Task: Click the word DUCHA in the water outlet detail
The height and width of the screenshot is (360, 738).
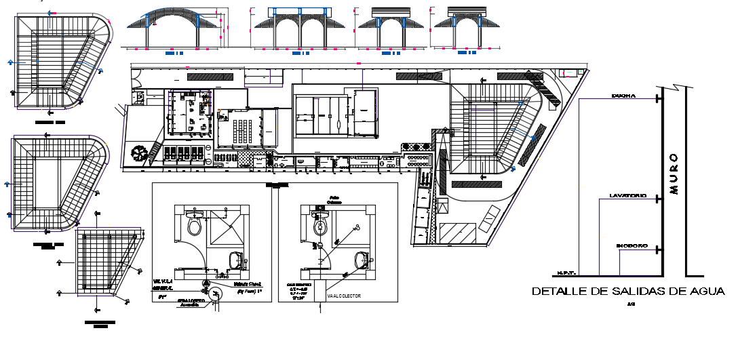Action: (x=623, y=96)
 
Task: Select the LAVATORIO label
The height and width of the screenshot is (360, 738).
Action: (x=627, y=196)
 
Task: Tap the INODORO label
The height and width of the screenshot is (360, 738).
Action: (x=631, y=245)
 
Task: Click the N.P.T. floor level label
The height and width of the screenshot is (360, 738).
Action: (x=566, y=273)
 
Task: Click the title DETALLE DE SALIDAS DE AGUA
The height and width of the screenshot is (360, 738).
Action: (x=628, y=292)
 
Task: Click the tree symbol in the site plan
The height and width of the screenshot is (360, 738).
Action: (x=139, y=153)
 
